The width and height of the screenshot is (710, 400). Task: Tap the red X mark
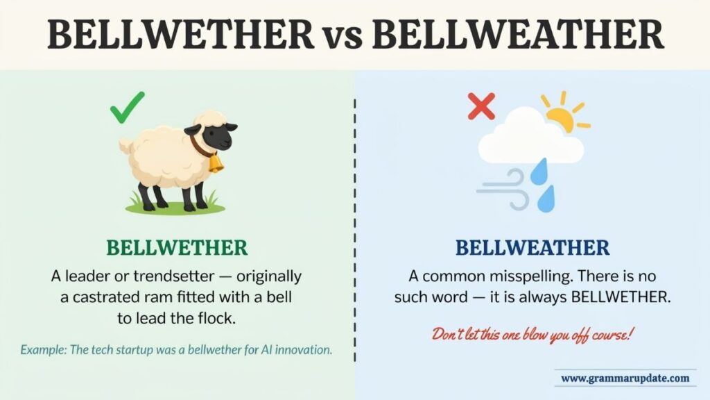click(481, 106)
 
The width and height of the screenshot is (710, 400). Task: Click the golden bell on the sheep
click(216, 163)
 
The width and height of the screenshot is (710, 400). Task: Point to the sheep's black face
click(217, 136)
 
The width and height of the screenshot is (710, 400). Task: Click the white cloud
click(530, 138)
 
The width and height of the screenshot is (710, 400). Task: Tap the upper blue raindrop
click(539, 172)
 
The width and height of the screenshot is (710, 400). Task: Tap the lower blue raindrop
click(546, 199)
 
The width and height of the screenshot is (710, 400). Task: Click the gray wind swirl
click(503, 190)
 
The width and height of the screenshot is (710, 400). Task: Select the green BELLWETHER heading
click(177, 248)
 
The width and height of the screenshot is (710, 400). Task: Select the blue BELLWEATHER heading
click(532, 248)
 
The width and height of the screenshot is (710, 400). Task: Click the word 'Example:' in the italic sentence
click(43, 350)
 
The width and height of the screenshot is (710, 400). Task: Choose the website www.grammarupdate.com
click(625, 378)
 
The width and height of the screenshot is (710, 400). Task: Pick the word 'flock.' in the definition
click(217, 318)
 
